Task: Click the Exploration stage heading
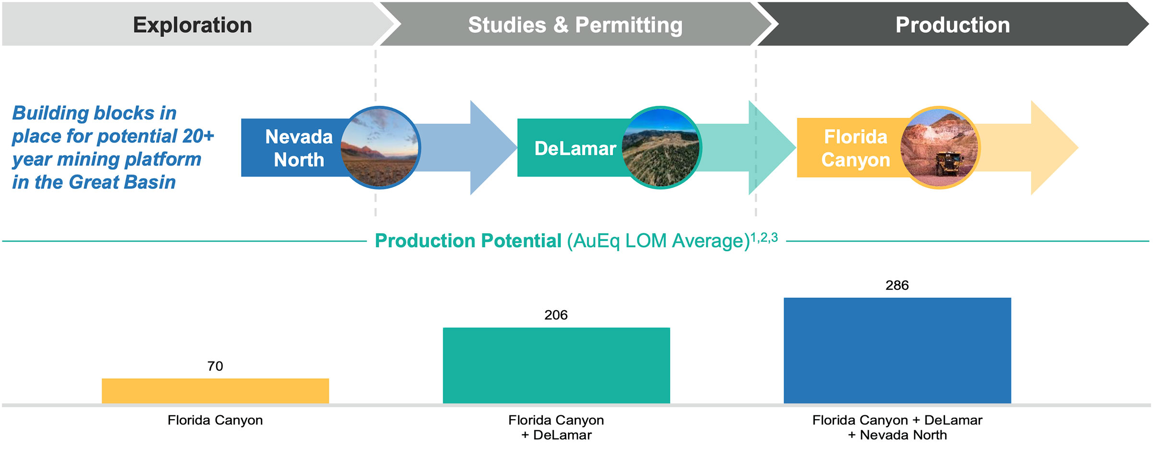point(192,25)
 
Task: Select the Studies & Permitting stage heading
point(575,25)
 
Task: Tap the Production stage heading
point(953,25)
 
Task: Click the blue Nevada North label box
point(293,148)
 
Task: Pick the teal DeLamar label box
point(572,148)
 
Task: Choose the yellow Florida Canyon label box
point(853,148)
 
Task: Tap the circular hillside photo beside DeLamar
point(662,148)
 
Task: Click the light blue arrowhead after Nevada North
point(492,148)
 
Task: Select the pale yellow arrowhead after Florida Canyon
point(1054,148)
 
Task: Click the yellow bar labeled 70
point(215,391)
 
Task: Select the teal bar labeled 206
point(556,365)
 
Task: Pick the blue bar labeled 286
point(897,350)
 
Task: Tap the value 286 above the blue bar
point(897,285)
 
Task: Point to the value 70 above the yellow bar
point(215,366)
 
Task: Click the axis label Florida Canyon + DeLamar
point(556,427)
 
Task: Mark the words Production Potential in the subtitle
point(468,241)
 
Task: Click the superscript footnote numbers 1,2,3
point(764,237)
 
